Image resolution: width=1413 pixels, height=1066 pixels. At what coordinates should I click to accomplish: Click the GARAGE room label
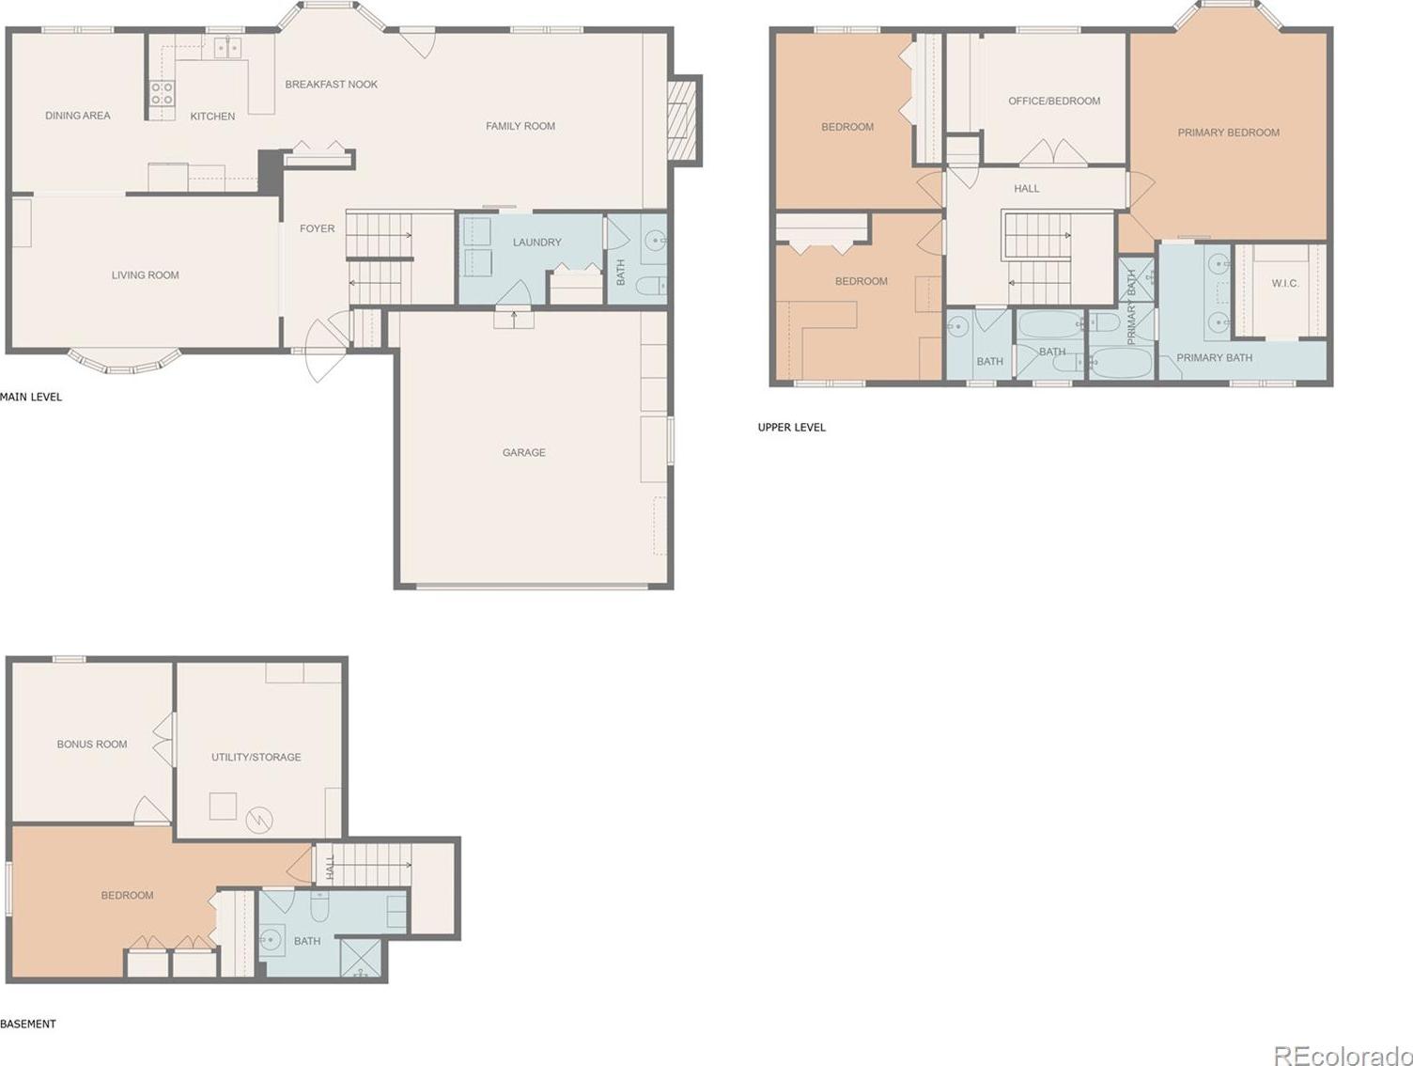[523, 453]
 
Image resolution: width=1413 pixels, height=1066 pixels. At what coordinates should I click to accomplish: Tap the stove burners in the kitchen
[163, 93]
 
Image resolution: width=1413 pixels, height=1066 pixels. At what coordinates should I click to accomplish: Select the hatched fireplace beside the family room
[682, 120]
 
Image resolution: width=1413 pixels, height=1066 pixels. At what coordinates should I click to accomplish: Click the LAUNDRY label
[536, 243]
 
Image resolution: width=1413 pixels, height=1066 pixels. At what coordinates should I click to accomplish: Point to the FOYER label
[317, 228]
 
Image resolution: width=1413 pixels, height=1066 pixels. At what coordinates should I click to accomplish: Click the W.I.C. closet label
[1285, 283]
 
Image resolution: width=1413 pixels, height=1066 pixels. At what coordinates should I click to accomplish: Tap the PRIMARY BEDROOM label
[1228, 133]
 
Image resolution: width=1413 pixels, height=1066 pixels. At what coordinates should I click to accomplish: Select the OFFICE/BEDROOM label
[1054, 102]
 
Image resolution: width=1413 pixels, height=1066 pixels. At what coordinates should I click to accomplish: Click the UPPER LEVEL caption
[791, 427]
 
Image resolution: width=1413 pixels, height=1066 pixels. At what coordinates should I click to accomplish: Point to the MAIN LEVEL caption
[31, 397]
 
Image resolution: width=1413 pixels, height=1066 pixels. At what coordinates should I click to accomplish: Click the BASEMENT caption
[27, 1024]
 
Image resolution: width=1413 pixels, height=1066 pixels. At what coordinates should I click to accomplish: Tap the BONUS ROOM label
[92, 744]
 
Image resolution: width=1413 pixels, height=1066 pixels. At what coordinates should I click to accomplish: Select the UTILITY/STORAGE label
[256, 757]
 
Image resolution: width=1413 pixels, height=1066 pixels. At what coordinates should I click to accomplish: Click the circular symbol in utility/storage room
[259, 820]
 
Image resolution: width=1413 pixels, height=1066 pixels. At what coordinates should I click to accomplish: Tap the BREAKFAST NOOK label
[331, 85]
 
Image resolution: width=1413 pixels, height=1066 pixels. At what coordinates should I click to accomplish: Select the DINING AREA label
[77, 116]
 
